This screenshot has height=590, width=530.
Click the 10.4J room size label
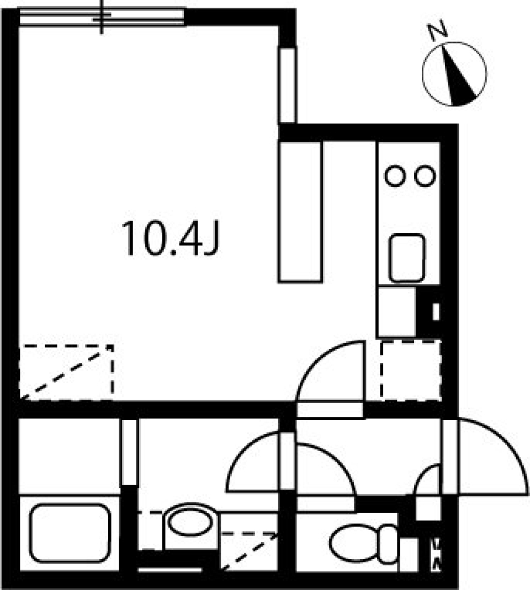point(171,238)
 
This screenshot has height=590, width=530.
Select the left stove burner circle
point(395,176)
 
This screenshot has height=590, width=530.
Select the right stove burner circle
point(425,176)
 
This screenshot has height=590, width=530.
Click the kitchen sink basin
point(407,258)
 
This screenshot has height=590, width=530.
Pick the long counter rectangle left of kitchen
point(300,211)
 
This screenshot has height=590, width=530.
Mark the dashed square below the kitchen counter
point(411,369)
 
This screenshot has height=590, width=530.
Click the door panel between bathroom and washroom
point(129,452)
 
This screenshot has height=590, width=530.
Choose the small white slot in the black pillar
point(436,312)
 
